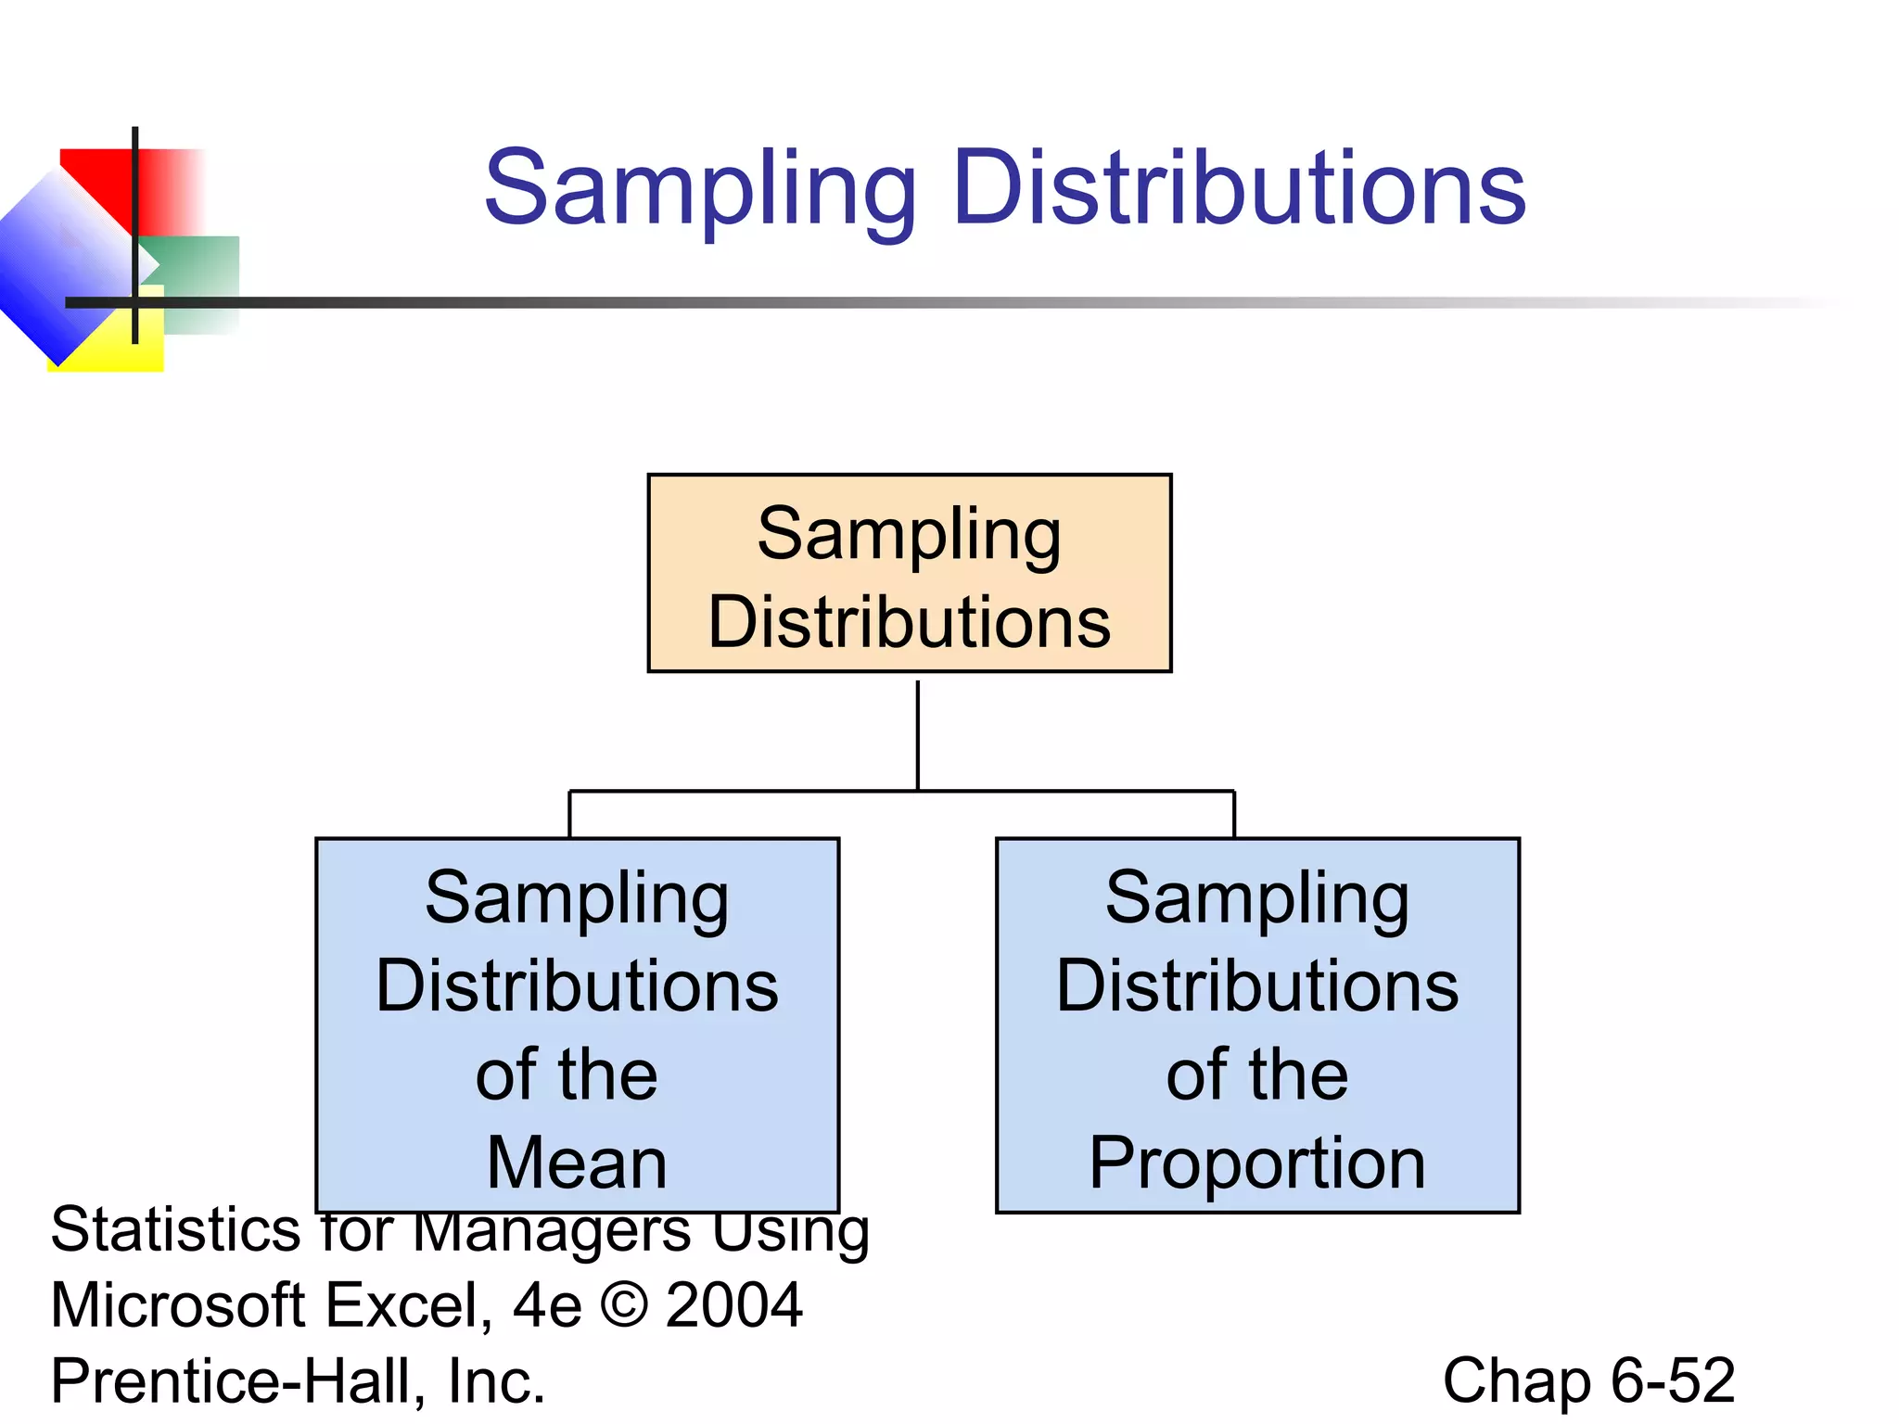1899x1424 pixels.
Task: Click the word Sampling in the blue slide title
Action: click(x=700, y=190)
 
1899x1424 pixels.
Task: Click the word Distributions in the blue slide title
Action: click(x=1239, y=188)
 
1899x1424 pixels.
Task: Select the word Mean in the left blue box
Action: click(x=577, y=1163)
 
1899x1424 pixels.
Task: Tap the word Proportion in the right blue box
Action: click(x=1256, y=1163)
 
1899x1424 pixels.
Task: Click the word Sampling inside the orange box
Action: click(x=909, y=535)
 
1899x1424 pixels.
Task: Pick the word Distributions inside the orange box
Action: click(x=909, y=621)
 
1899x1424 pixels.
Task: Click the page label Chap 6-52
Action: click(x=1587, y=1380)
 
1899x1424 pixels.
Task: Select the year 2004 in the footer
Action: click(x=733, y=1305)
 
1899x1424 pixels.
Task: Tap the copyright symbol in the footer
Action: click(x=624, y=1305)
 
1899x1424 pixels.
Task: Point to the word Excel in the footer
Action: click(x=407, y=1305)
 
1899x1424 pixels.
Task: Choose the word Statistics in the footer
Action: click(x=175, y=1230)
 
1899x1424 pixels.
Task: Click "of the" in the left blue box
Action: click(x=567, y=1075)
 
